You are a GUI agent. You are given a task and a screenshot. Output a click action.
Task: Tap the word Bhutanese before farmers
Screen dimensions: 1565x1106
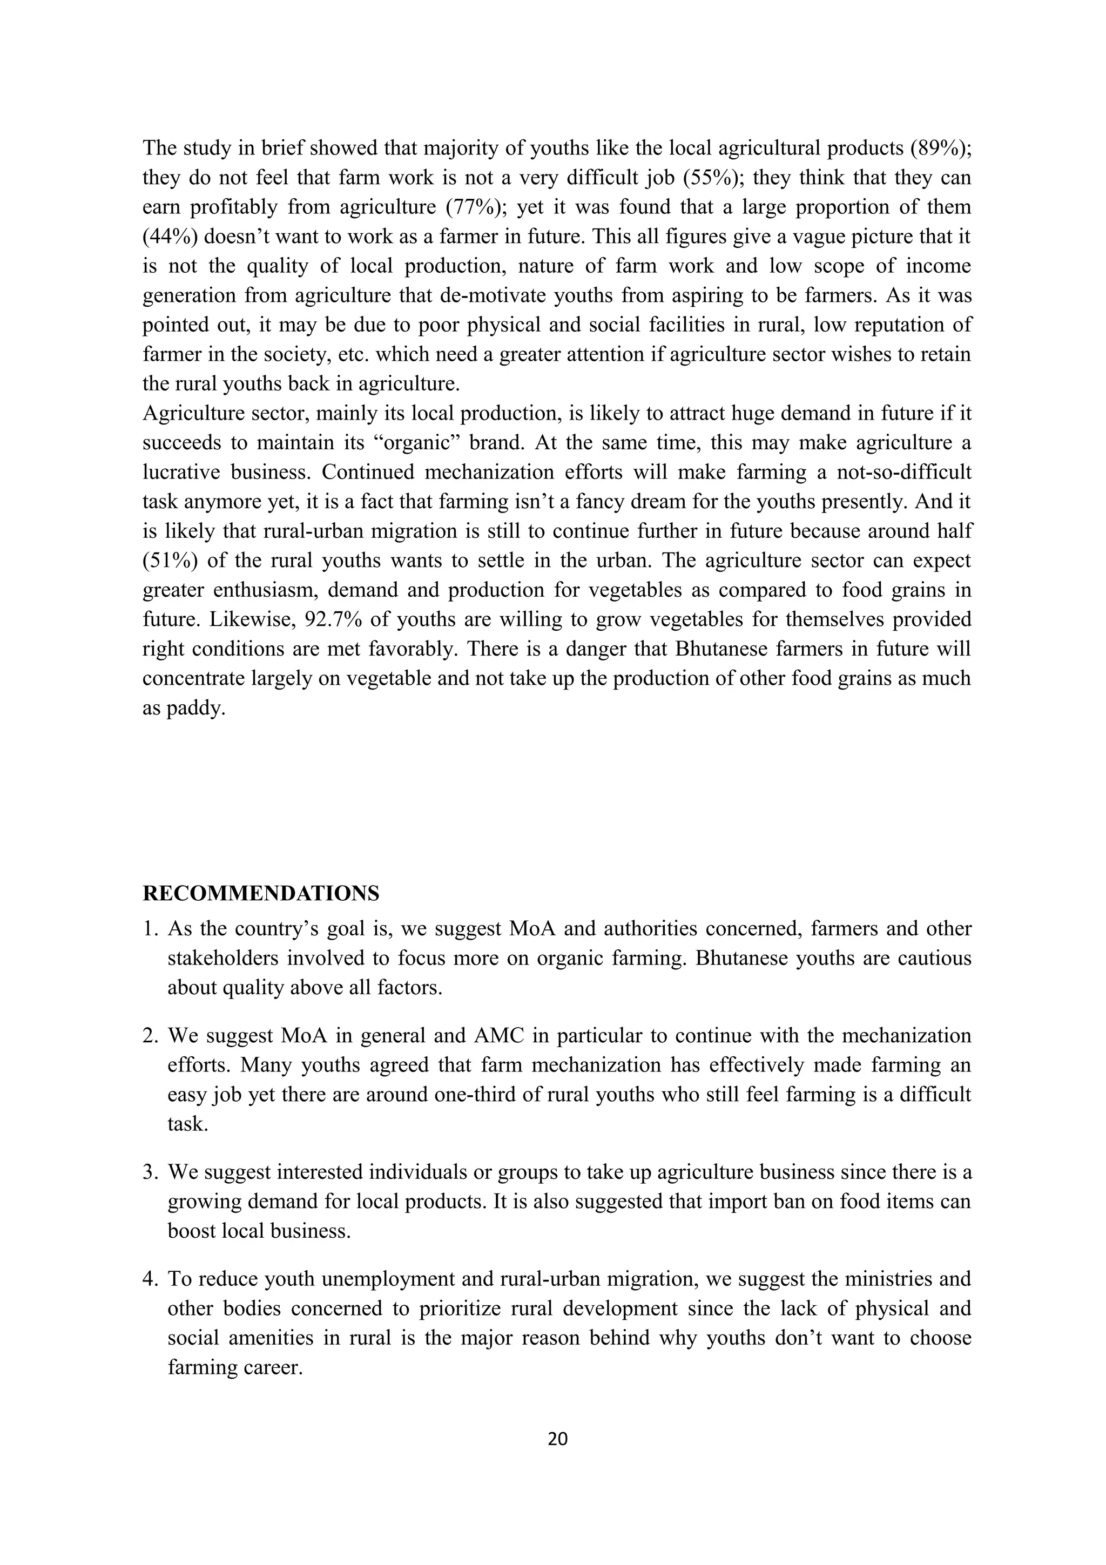[x=721, y=649]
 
